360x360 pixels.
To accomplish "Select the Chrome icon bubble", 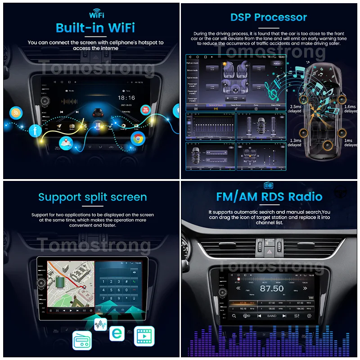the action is click(x=138, y=138).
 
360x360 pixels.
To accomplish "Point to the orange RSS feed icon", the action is click(x=16, y=112).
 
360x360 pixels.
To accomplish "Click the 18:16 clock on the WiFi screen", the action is click(x=126, y=97).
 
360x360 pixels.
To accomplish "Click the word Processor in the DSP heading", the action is click(x=281, y=18).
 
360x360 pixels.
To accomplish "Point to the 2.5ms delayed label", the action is click(x=295, y=109).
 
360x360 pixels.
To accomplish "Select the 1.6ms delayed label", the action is click(x=350, y=109).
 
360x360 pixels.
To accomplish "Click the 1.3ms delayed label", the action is click(x=295, y=142).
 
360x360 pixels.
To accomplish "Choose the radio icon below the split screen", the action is click(x=82, y=340).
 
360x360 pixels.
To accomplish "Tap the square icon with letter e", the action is click(x=117, y=333).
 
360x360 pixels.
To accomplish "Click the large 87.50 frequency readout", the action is click(x=272, y=288).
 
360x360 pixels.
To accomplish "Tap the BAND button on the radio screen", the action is click(x=272, y=316).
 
